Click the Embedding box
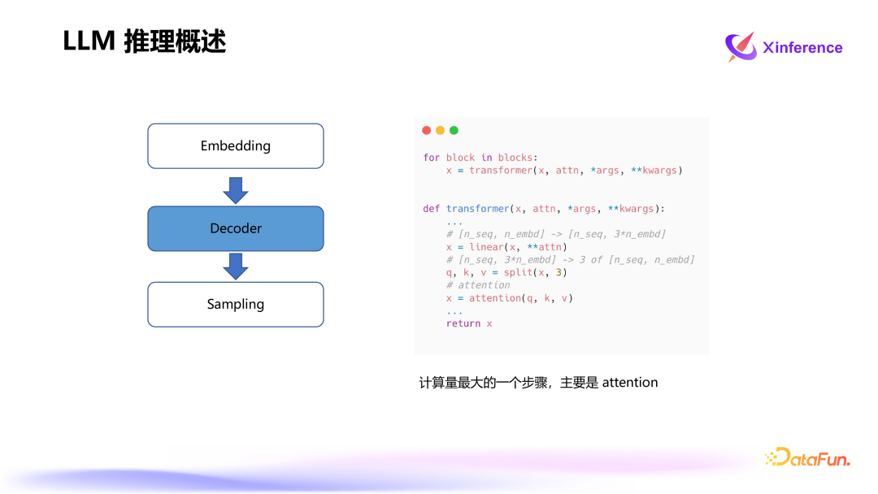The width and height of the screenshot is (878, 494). [x=236, y=146]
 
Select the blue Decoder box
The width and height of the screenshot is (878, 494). [x=236, y=228]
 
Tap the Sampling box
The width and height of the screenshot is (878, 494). [x=236, y=305]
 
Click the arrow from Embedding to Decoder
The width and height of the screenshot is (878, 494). [x=236, y=189]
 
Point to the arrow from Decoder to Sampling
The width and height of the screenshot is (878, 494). [x=236, y=266]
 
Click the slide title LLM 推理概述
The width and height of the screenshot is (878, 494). [x=144, y=41]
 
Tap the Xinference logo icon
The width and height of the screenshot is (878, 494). [x=741, y=47]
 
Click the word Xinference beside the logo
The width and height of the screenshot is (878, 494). [x=802, y=48]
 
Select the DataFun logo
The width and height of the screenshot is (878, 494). [x=807, y=458]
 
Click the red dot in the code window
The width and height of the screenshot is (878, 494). [x=427, y=130]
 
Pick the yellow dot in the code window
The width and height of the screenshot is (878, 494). [x=441, y=130]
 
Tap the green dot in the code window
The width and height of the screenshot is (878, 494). [x=454, y=130]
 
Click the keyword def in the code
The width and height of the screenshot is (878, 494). [x=431, y=209]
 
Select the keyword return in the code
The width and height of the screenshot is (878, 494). [x=463, y=323]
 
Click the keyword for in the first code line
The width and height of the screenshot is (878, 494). [x=431, y=158]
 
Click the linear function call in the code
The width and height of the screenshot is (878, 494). [x=485, y=247]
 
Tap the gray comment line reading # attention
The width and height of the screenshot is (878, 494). [x=478, y=285]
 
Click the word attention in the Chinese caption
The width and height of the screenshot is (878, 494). [x=630, y=382]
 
